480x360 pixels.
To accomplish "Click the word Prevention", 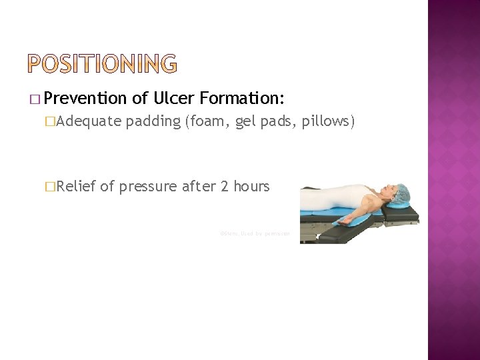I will (88, 99).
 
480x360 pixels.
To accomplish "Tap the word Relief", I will (77, 187).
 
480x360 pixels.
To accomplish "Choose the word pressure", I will (147, 187).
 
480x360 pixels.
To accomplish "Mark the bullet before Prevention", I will (43, 100).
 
